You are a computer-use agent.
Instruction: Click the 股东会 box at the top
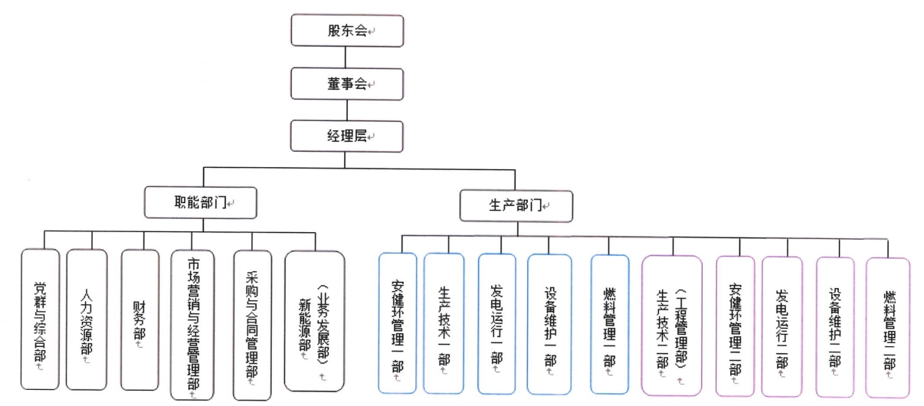point(347,31)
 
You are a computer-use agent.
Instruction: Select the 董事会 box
point(347,84)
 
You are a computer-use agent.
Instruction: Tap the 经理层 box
point(347,136)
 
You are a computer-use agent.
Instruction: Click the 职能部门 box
point(201,202)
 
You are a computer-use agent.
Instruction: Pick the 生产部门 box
point(516,206)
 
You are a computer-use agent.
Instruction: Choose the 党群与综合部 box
point(40,319)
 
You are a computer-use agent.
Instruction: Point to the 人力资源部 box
point(87,319)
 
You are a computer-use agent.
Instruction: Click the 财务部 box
point(140,319)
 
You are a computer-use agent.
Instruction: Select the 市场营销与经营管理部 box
point(192,325)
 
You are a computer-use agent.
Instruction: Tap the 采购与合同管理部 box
point(252,325)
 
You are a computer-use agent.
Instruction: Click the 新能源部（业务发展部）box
point(315,321)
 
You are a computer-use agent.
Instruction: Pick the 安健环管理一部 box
point(398,323)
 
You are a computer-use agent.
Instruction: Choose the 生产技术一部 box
point(444,323)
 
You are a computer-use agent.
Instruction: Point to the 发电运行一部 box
point(497,324)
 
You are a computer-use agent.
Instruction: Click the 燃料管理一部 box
point(610,324)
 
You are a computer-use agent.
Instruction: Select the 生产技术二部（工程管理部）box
point(672,326)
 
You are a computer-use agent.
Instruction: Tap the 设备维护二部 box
point(835,327)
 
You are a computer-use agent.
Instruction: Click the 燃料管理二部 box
point(888,328)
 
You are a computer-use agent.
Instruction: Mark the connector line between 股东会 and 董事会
point(346,57)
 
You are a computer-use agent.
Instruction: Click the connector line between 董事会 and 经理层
point(347,110)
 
